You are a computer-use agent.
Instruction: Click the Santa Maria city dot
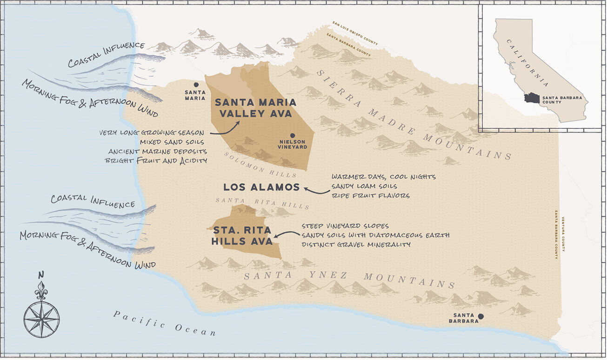click(196, 84)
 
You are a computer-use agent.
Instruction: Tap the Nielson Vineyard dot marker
click(293, 135)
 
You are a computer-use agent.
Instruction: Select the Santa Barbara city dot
click(481, 316)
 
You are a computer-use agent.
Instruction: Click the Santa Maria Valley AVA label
click(255, 108)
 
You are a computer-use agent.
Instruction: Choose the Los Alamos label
click(261, 187)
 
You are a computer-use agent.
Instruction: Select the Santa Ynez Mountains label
click(349, 279)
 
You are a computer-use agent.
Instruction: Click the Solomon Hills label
click(261, 165)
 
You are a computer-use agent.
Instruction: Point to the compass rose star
click(41, 319)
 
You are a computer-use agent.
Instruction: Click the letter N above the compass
click(41, 274)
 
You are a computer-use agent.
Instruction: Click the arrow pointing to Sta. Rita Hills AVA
click(286, 234)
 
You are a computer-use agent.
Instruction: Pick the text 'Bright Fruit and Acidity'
click(156, 160)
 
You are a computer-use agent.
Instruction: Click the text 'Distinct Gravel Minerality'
click(356, 244)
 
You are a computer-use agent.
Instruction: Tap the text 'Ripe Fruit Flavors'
click(370, 196)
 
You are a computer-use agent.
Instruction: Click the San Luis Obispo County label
click(355, 33)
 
